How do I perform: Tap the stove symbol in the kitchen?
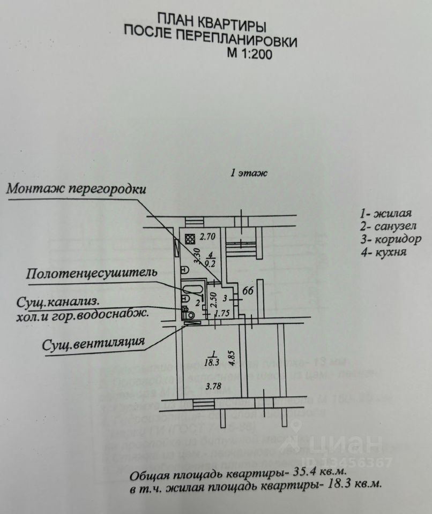(x=189, y=239)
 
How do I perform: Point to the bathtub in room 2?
(x=191, y=292)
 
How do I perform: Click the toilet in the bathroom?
(x=186, y=309)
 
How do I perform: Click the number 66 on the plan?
(x=248, y=292)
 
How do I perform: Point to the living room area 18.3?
(x=213, y=361)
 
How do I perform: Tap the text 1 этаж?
(x=248, y=173)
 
